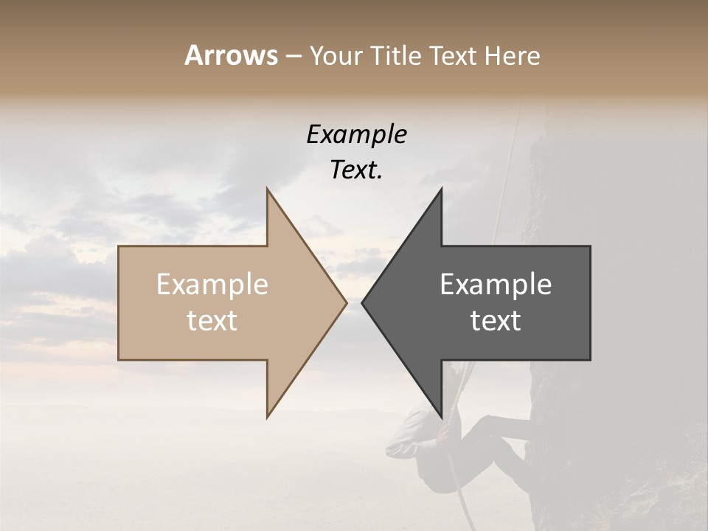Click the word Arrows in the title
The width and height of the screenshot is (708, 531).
coord(231,55)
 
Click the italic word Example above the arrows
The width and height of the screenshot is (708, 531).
coord(356,135)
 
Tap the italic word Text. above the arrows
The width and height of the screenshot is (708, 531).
coord(356,170)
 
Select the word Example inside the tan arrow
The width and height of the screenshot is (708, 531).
coord(212,285)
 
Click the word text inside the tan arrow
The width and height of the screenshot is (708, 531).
coord(212,321)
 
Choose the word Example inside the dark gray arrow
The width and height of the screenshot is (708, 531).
coord(496,285)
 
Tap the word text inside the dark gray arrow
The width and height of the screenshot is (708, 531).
coord(496,321)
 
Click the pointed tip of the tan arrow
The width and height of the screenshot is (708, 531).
coord(346,302)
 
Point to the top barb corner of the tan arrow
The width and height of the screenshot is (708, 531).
coord(268,189)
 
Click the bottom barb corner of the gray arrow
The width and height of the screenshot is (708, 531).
coord(441,417)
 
